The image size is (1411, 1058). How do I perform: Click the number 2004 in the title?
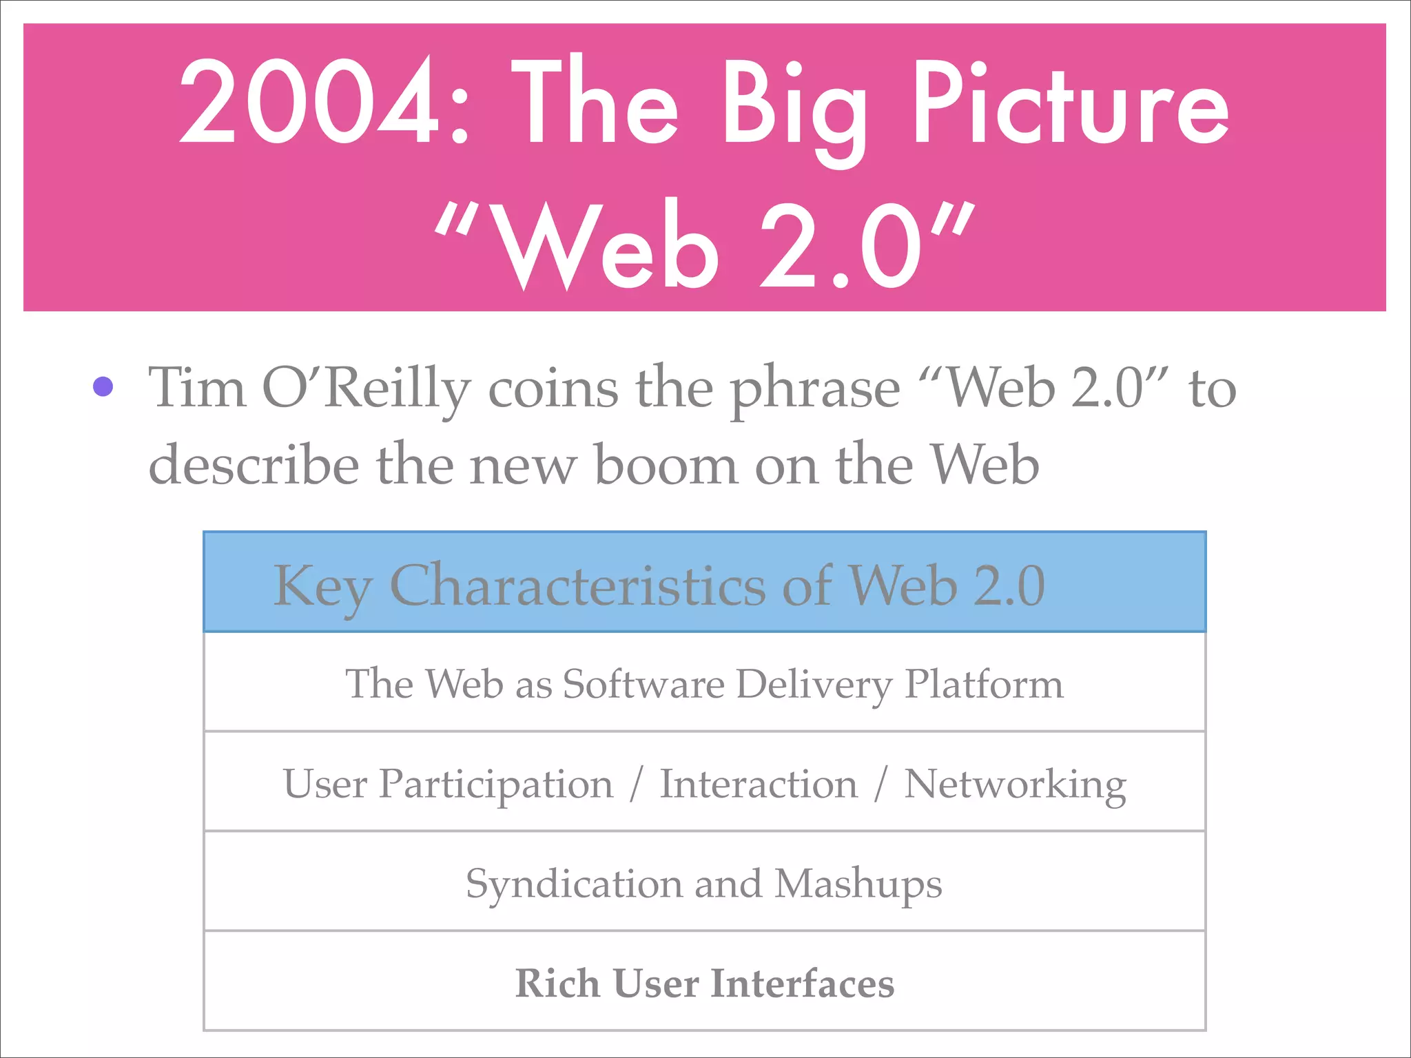[x=308, y=102]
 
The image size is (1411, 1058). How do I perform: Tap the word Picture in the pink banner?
[x=1070, y=102]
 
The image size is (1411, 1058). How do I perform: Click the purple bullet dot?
[x=103, y=386]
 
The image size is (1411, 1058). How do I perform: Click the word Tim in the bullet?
[x=197, y=388]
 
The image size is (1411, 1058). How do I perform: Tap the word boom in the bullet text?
[x=666, y=465]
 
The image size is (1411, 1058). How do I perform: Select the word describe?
[x=254, y=465]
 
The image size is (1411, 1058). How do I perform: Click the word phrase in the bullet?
[x=814, y=391]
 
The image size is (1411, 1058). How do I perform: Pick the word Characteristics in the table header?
[x=577, y=585]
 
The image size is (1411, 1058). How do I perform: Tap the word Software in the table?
[x=643, y=684]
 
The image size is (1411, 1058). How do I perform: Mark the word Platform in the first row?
[x=984, y=684]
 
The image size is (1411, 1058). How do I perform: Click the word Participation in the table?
[x=496, y=785]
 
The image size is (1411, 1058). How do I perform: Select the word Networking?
[x=1015, y=785]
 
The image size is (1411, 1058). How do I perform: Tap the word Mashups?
[x=858, y=885]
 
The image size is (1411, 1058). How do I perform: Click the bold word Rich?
[x=557, y=983]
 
